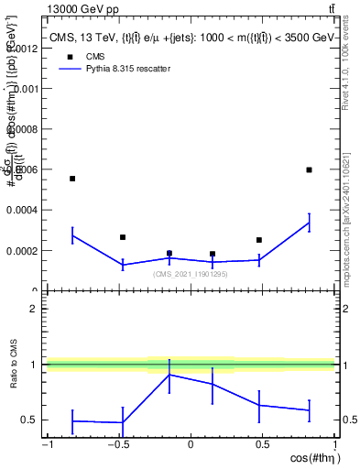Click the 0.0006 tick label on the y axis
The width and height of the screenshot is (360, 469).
pyautogui.click(x=20, y=169)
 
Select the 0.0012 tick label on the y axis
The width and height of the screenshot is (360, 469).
pyautogui.click(x=20, y=49)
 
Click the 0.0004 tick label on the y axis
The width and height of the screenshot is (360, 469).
pyautogui.click(x=20, y=210)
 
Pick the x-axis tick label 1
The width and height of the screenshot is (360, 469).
pyautogui.click(x=333, y=445)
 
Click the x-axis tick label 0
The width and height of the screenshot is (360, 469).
pyautogui.click(x=191, y=445)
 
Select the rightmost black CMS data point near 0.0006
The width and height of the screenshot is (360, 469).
pyautogui.click(x=310, y=169)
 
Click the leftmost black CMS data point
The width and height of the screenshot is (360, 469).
pyautogui.click(x=72, y=179)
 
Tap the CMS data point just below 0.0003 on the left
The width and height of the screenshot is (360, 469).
pyautogui.click(x=123, y=237)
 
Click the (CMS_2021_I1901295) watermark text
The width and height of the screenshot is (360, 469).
pyautogui.click(x=191, y=274)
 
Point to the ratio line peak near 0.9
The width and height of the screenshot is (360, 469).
pyautogui.click(x=169, y=375)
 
